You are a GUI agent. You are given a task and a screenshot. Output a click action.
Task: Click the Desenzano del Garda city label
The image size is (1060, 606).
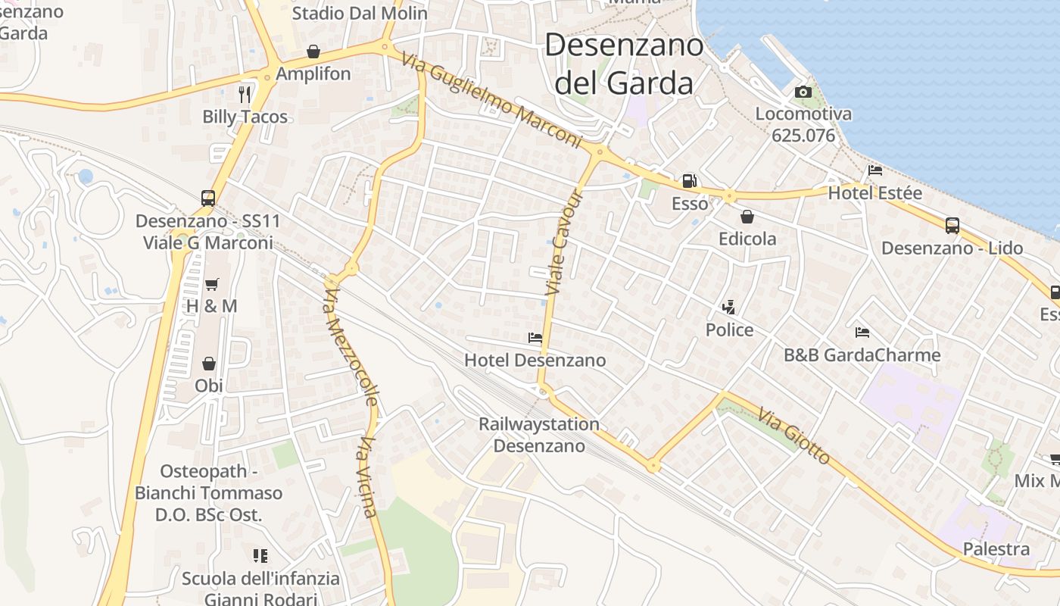[x=625, y=64]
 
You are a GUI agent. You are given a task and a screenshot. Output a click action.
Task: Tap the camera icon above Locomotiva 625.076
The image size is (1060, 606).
[x=803, y=92]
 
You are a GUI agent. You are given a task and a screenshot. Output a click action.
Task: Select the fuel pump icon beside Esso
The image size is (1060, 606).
[x=689, y=181]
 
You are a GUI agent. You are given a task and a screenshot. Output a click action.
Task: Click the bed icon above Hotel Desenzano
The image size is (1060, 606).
[x=535, y=338]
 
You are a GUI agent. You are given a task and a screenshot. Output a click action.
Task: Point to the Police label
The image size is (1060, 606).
[x=729, y=330]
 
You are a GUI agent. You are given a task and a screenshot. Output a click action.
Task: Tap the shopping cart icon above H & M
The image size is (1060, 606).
[x=212, y=284]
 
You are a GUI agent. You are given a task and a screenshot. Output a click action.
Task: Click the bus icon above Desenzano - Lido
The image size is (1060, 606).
[x=952, y=225]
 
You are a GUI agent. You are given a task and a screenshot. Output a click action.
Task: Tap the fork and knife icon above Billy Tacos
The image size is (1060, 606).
[x=245, y=94]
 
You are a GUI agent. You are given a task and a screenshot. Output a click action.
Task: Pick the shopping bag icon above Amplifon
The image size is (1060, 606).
[x=313, y=52]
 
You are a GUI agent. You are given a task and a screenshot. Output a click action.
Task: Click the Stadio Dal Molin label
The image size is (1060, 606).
[x=360, y=13]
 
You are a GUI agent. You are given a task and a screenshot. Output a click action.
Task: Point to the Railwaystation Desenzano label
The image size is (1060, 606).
[x=538, y=435]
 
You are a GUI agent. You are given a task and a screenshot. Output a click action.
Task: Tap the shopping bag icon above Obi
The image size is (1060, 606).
[x=208, y=364]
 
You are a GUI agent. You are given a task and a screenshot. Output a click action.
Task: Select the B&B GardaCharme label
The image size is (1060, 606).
[x=862, y=355]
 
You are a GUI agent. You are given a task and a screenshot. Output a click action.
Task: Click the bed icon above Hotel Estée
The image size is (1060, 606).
[x=875, y=170]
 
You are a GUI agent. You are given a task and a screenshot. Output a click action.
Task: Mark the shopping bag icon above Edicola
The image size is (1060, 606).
[x=747, y=217]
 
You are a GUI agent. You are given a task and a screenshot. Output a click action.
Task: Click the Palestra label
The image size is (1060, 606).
[x=996, y=548]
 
